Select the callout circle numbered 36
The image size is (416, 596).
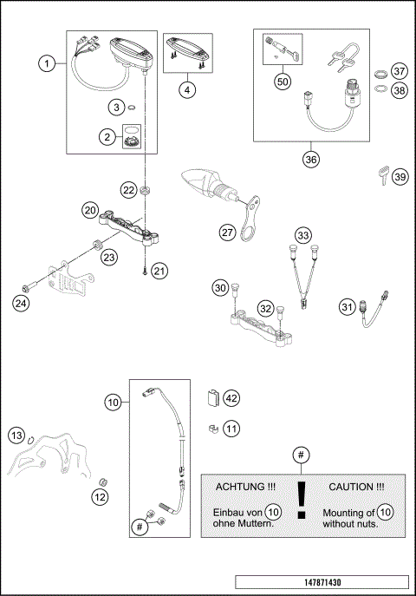coord(311,160)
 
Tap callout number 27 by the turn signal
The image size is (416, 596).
coord(227,232)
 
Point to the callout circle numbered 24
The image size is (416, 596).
coord(20,303)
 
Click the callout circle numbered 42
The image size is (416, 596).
coord(231,398)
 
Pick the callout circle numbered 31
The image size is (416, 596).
coord(347,305)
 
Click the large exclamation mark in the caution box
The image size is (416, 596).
coord(302,500)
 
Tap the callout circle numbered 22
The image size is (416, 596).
coord(127,190)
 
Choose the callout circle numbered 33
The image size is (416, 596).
coord(302,235)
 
